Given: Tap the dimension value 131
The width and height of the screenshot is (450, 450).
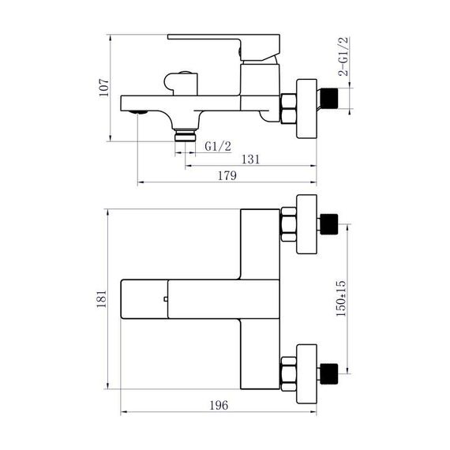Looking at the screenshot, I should click(250, 159).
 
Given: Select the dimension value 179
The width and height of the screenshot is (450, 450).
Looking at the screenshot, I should click(227, 176).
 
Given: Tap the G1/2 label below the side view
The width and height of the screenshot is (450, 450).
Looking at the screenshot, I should click(218, 145).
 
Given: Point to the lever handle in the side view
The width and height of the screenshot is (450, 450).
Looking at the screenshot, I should click(225, 39).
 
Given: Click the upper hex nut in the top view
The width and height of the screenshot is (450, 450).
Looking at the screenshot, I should click(289, 224).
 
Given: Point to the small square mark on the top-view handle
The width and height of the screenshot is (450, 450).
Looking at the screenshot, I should click(165, 298).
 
